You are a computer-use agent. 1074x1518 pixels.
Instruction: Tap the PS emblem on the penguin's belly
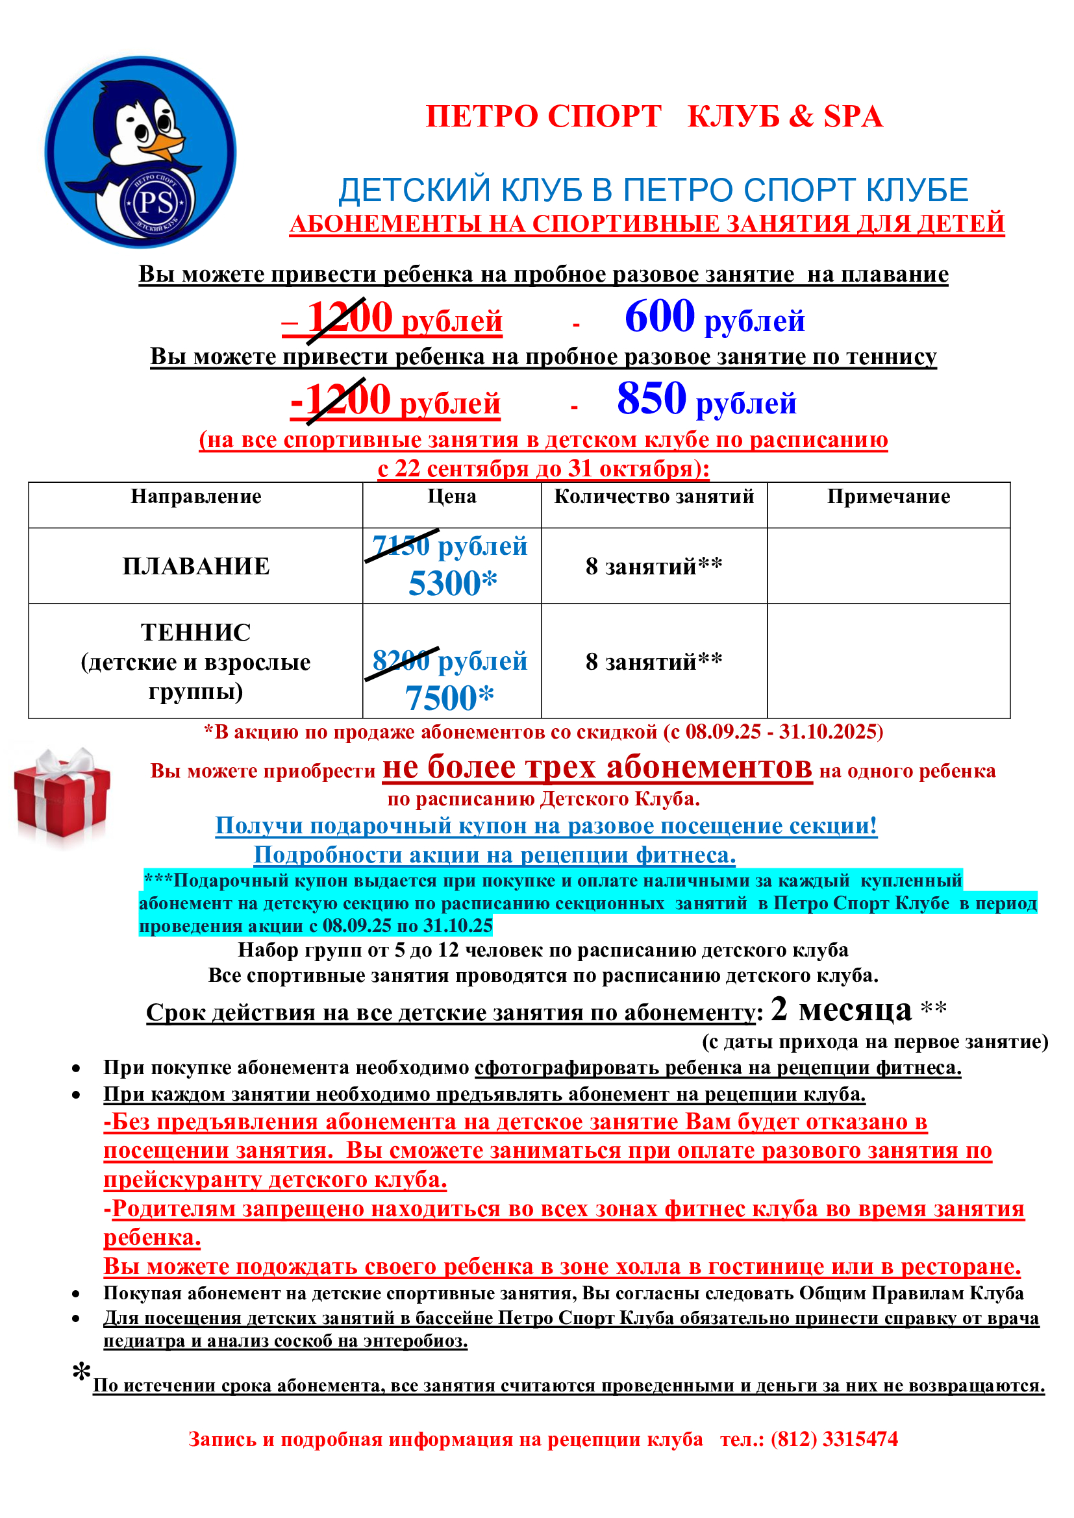(x=156, y=203)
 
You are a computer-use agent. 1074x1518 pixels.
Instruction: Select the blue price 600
(x=659, y=317)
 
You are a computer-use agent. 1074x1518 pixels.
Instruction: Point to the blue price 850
(x=651, y=398)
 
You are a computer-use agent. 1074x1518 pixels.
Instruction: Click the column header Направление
(x=195, y=496)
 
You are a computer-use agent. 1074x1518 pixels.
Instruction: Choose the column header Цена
(x=452, y=496)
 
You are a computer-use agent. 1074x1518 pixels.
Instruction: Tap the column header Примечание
(x=888, y=496)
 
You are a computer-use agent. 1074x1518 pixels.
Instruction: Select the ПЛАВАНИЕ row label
(x=195, y=566)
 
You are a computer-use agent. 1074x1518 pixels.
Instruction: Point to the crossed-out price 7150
(x=401, y=546)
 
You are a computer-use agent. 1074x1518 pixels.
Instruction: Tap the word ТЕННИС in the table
(x=195, y=633)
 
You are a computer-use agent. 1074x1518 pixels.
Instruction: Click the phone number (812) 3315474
(x=834, y=1439)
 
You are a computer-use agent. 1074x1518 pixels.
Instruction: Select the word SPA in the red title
(x=853, y=117)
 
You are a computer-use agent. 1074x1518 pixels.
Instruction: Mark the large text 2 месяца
(x=841, y=1010)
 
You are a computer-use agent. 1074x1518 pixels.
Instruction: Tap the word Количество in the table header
(x=601, y=496)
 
